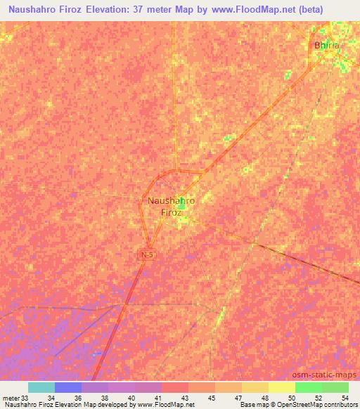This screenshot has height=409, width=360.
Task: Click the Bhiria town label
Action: [326, 45]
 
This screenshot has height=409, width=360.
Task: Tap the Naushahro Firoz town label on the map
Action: [172, 206]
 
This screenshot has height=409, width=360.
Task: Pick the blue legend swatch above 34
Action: [68, 387]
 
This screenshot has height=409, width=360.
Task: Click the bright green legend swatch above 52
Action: [309, 387]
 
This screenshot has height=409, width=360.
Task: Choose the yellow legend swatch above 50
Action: [281, 387]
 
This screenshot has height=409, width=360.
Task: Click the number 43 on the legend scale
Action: [184, 398]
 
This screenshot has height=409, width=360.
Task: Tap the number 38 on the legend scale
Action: [104, 398]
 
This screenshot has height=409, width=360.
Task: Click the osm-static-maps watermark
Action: [330, 375]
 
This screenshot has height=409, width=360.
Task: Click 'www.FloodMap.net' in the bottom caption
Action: [155, 405]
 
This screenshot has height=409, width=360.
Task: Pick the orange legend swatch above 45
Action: [202, 387]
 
